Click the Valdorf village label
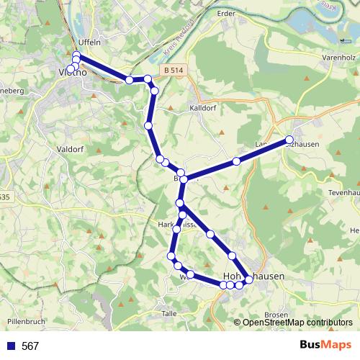tap(70, 149)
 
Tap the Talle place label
tap(170, 314)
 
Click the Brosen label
tap(276, 315)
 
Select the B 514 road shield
tap(172, 70)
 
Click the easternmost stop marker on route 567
tap(289, 140)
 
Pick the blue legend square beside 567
tap(10, 346)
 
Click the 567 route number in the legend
tap(30, 346)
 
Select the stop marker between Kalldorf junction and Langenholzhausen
tap(236, 161)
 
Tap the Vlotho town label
tap(73, 73)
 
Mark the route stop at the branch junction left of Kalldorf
tap(183, 179)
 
